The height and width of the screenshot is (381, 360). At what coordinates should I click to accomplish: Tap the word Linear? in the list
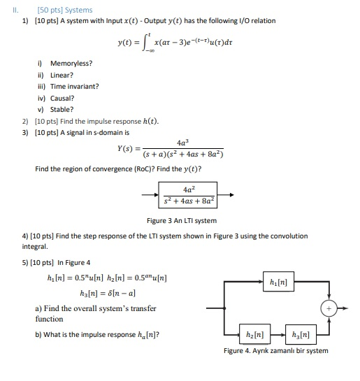pyautogui.click(x=62, y=75)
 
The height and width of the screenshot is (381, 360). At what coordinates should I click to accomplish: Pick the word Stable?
pyautogui.click(x=62, y=109)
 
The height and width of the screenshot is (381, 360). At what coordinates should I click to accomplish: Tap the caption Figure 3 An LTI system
pyautogui.click(x=186, y=221)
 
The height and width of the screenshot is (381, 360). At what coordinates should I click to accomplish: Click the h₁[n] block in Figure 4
pyautogui.click(x=275, y=282)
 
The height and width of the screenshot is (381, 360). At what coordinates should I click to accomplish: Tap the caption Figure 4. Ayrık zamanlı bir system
pyautogui.click(x=275, y=350)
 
